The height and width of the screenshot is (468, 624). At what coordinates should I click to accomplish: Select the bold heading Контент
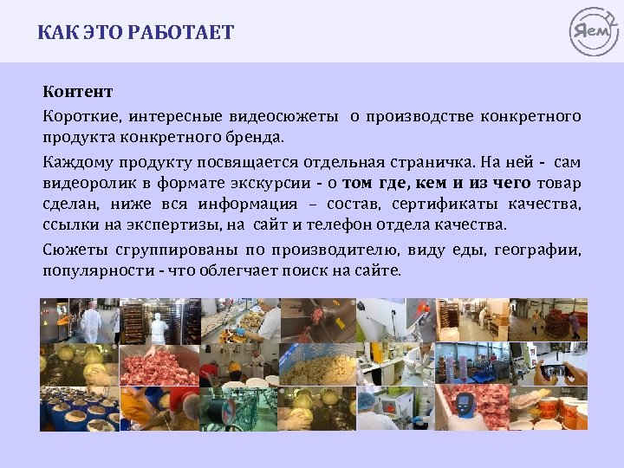point(78,91)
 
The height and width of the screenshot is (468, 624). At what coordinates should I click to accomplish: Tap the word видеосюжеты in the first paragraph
point(283,115)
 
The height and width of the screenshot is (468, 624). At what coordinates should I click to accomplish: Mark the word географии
point(546,250)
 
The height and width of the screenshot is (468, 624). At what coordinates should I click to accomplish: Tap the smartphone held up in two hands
point(552,370)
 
